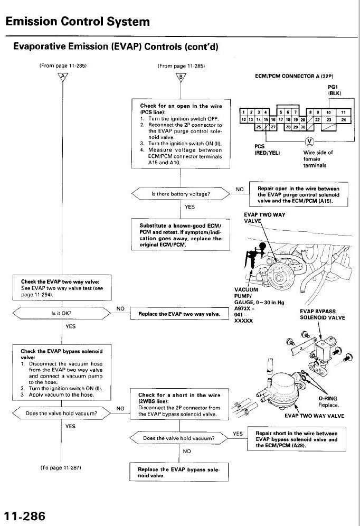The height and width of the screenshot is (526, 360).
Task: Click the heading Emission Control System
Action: [78, 22]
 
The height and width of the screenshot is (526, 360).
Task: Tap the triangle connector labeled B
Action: [181, 77]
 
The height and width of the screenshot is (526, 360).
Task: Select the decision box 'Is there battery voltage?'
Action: [181, 194]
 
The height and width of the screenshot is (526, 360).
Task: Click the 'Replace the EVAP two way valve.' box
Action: [178, 314]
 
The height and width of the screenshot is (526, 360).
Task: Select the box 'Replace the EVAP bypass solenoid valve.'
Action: [178, 472]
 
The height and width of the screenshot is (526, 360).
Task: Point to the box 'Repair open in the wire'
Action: [298, 195]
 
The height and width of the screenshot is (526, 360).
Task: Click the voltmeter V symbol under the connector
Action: [309, 140]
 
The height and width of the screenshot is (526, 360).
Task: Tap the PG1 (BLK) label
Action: [334, 90]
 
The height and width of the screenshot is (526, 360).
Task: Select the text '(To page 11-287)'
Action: [60, 468]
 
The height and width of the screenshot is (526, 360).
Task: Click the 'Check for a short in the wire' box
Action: [178, 405]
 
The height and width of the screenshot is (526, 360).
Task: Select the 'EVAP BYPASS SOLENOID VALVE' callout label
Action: [322, 314]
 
